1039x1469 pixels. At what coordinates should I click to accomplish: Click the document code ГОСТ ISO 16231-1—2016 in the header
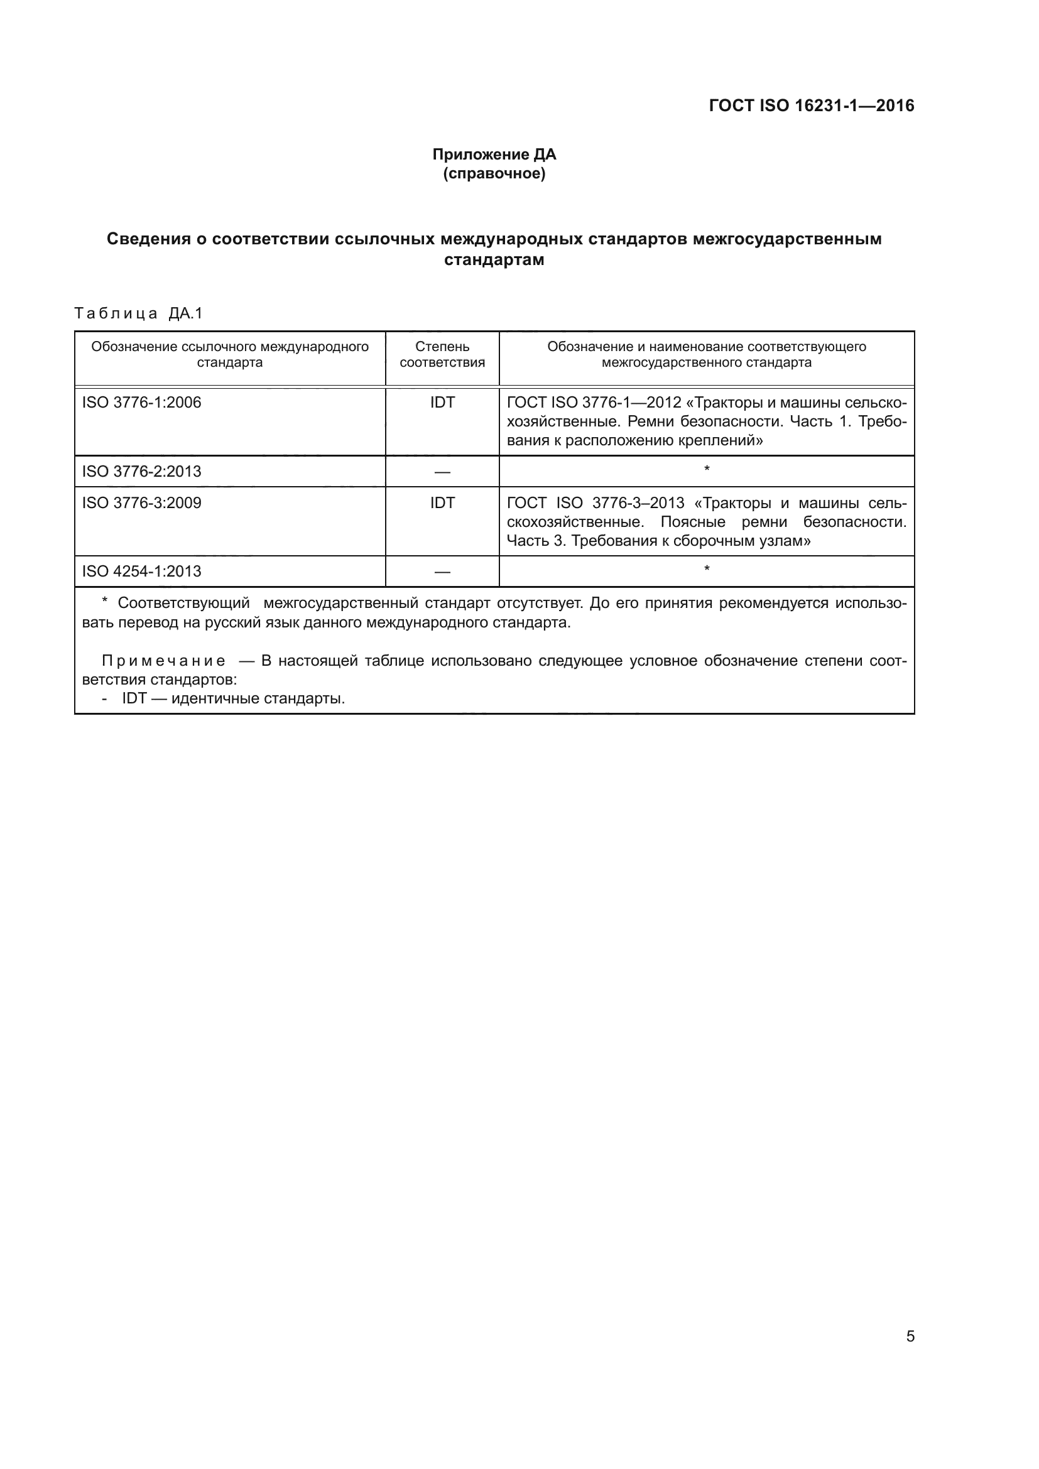pos(811,106)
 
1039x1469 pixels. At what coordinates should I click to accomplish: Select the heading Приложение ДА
pos(494,154)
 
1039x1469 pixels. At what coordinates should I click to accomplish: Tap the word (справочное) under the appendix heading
pos(494,174)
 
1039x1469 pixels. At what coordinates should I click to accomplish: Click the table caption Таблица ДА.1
pos(138,313)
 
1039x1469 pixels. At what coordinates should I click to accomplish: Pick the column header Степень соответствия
pos(442,354)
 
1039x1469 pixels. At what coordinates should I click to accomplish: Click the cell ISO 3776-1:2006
pos(141,403)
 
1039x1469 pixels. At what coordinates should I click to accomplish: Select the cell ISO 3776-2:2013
pos(141,472)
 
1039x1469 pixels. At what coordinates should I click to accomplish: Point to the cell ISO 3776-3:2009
pos(141,503)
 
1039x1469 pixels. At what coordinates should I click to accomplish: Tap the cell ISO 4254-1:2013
pos(141,572)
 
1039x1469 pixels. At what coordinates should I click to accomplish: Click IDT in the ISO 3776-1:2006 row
pos(442,403)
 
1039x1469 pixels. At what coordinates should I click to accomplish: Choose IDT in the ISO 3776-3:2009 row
pos(442,503)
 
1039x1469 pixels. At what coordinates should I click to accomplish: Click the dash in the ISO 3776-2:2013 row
pos(442,472)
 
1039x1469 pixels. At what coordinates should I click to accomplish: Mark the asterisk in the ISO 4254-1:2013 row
pos(706,569)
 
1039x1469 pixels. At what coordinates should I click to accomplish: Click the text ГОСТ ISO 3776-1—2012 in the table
pos(594,403)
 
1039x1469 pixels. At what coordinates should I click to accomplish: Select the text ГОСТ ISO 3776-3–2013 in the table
pos(595,503)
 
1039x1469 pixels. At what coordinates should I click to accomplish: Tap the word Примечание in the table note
pos(164,661)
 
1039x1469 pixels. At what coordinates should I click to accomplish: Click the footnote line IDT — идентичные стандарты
pos(233,698)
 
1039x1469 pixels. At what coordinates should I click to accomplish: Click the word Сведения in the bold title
pos(148,239)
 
